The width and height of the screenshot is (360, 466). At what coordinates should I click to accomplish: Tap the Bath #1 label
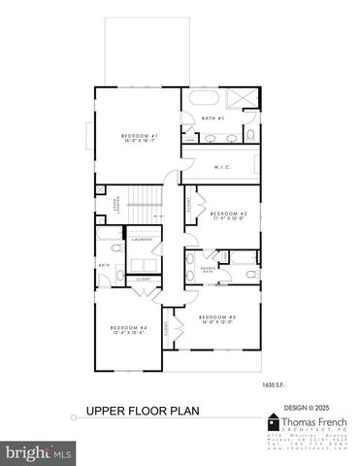click(x=213, y=118)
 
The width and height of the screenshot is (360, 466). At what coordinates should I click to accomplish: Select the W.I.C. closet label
click(x=220, y=166)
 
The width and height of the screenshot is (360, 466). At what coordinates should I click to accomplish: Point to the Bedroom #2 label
click(x=230, y=215)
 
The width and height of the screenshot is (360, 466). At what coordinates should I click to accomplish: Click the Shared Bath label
click(x=208, y=270)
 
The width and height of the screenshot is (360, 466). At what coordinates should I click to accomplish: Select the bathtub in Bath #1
click(x=205, y=99)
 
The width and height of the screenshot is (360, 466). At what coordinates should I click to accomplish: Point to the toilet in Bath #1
click(x=249, y=134)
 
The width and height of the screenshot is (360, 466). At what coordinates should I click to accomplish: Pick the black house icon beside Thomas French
click(x=275, y=424)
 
